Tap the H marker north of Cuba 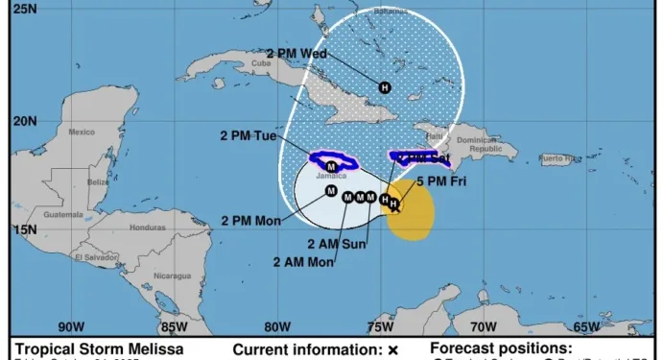(x=385, y=87)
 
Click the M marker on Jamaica (x=332, y=166)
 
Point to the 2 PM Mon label (x=250, y=221)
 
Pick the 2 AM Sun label (x=337, y=243)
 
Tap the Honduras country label (x=148, y=228)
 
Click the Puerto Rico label (x=557, y=157)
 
